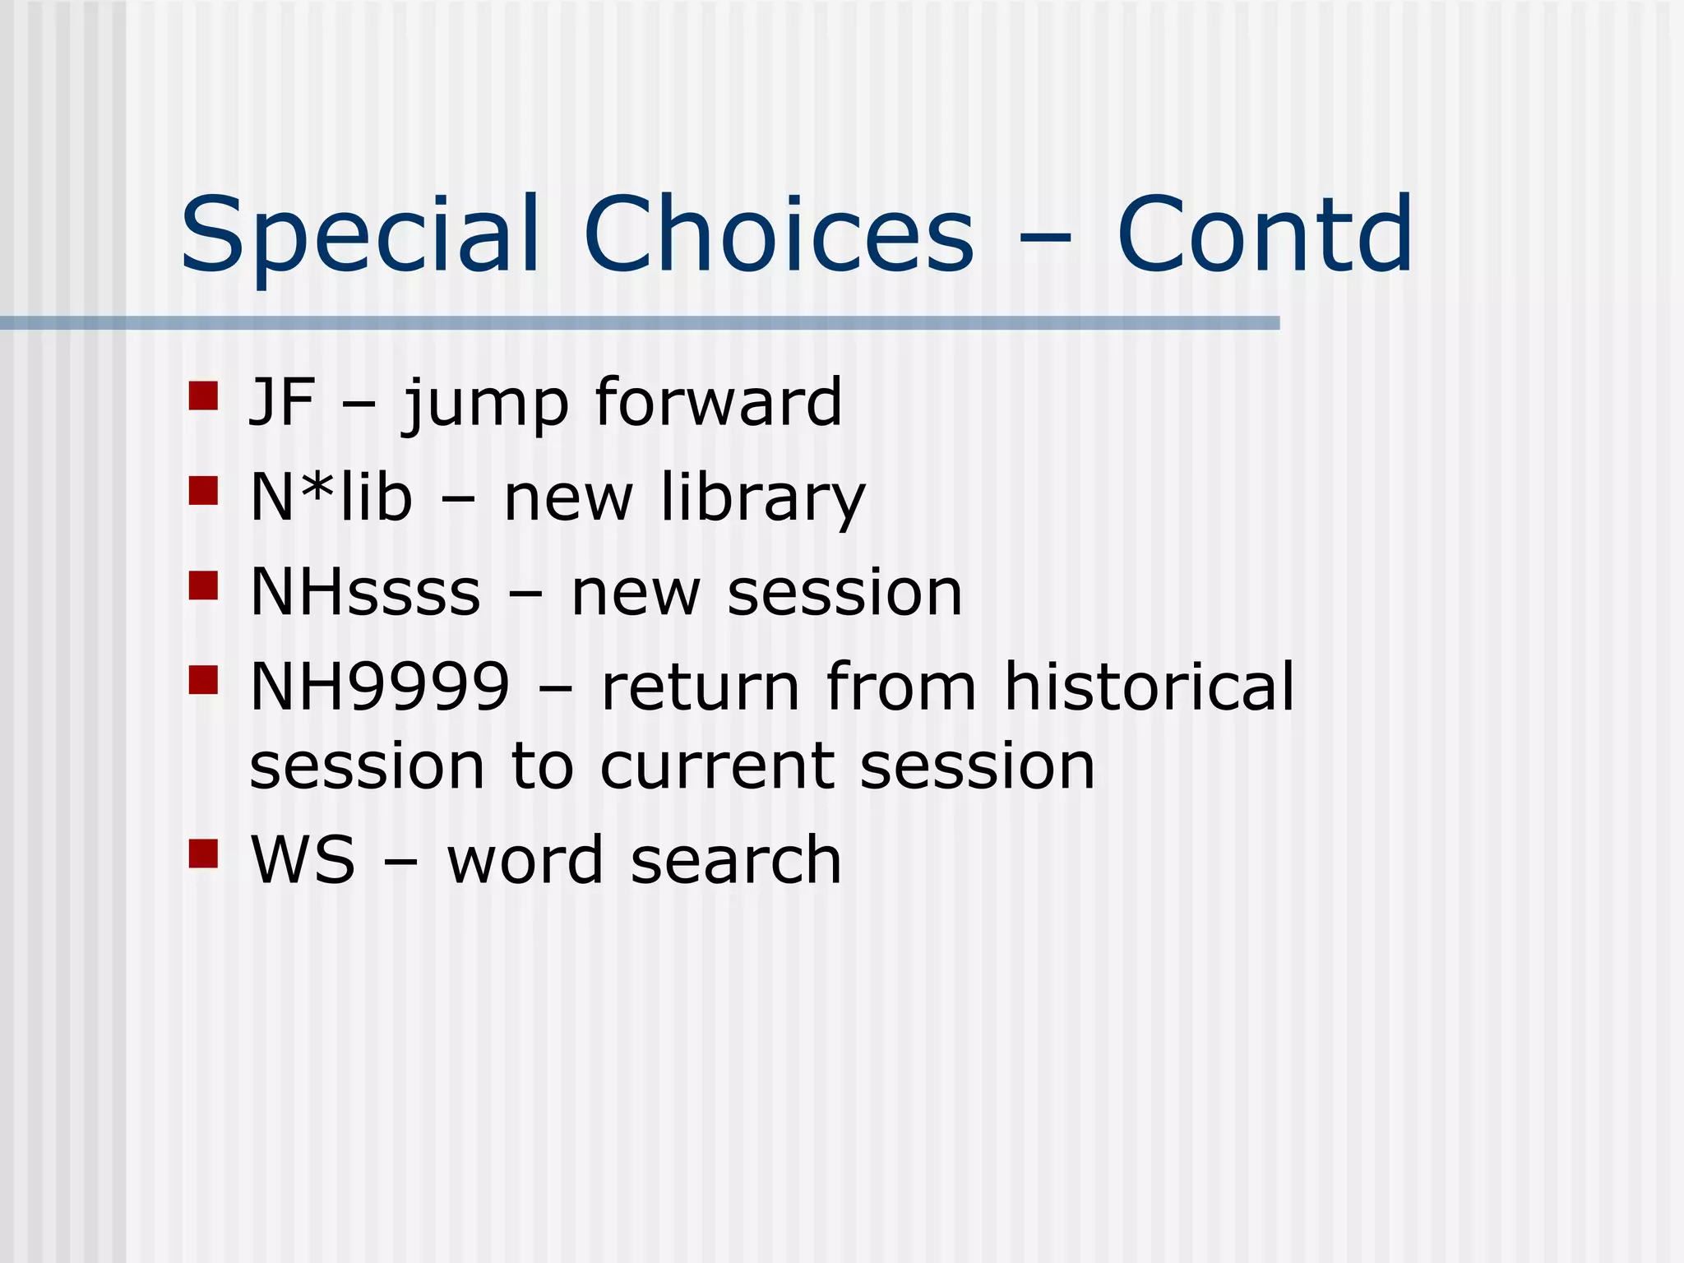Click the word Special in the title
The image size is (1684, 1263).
pos(360,236)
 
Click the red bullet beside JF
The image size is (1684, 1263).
pos(203,396)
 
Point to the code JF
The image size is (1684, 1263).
pos(282,403)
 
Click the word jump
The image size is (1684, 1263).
pos(485,405)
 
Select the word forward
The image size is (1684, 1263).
pos(718,402)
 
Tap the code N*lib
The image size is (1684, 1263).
pos(331,497)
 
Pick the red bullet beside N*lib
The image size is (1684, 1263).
pos(203,491)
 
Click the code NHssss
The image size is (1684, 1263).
pos(365,593)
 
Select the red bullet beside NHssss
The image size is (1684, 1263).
pos(203,585)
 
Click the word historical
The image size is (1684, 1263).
pos(1149,686)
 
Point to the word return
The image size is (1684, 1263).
pos(700,687)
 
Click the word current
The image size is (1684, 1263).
pos(715,766)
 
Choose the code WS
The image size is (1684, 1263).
pos(303,860)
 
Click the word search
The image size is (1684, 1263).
pos(736,860)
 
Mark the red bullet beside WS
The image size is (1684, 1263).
pos(203,854)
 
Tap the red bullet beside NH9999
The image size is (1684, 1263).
pos(203,680)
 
